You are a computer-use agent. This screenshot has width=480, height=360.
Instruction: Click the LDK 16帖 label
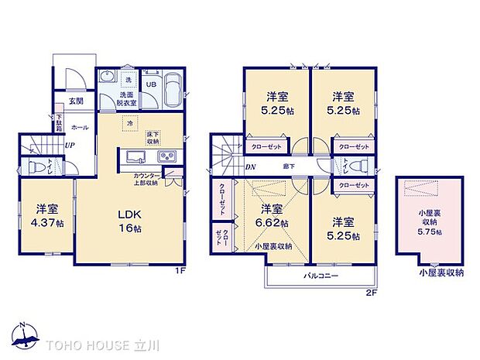[x=128, y=220]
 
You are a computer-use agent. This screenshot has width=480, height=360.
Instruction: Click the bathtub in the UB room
[x=173, y=90]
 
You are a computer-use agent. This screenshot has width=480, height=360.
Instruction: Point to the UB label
[x=151, y=84]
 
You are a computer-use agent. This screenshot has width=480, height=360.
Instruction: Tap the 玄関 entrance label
[x=75, y=100]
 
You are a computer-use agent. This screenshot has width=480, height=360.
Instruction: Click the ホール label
[x=79, y=126]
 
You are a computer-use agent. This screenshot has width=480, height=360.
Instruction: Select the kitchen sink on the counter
[x=132, y=158]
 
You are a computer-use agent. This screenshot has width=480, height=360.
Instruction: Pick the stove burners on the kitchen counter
[x=168, y=158]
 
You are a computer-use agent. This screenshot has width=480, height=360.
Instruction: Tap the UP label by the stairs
[x=70, y=145]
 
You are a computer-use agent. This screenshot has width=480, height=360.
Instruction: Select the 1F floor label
[x=180, y=271]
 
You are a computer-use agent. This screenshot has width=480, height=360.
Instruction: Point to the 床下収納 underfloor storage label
[x=153, y=138]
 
